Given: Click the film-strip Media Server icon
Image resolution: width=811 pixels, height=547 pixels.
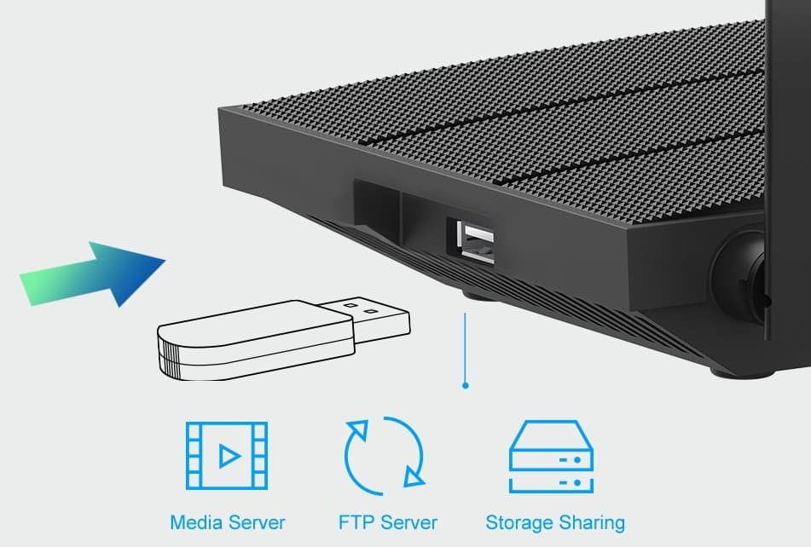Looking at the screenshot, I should [x=226, y=457].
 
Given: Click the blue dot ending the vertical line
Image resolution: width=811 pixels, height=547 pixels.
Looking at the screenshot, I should [x=465, y=385].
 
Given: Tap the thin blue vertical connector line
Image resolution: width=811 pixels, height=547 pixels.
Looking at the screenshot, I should [x=465, y=345].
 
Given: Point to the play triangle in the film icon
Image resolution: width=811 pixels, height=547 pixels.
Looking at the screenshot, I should [x=228, y=457].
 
